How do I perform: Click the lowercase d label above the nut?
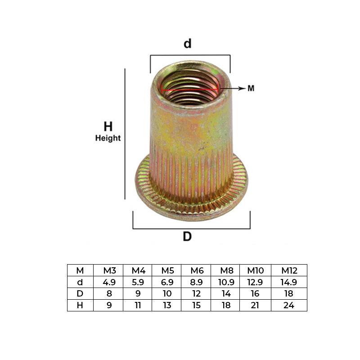tap(188, 44)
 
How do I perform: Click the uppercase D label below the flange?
tap(187, 237)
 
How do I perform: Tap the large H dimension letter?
tap(108, 127)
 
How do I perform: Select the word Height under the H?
tap(108, 138)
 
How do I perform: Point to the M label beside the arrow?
tap(251, 89)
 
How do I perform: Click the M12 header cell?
tap(289, 270)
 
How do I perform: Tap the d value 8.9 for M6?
tap(197, 282)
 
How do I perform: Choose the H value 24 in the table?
tap(289, 306)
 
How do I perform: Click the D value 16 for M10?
tap(255, 294)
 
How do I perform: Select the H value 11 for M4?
tap(138, 306)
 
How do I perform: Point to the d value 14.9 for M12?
tap(289, 282)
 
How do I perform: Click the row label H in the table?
tap(80, 306)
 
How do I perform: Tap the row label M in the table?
tap(80, 270)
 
